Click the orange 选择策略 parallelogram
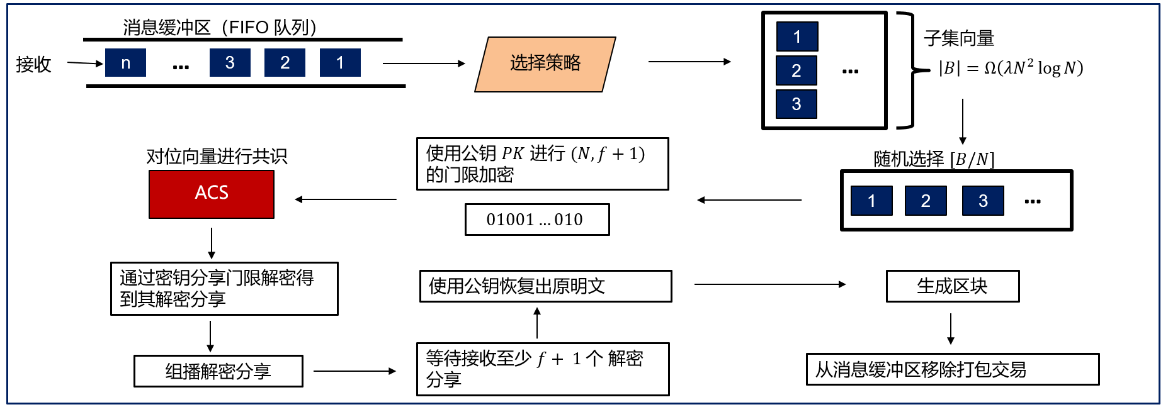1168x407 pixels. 545,64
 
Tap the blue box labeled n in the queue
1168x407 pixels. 125,63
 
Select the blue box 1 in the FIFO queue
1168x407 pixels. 340,63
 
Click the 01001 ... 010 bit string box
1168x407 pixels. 536,220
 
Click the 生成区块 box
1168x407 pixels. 952,286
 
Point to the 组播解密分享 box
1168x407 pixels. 218,371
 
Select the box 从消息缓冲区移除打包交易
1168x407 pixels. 952,369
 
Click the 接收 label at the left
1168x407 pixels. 33,64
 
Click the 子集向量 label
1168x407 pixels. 958,38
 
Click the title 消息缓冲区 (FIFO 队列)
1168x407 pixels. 219,27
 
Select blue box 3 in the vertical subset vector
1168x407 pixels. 797,104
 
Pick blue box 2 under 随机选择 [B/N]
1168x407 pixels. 925,201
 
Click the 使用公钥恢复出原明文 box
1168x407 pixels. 545,286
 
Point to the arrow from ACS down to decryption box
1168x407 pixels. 212,243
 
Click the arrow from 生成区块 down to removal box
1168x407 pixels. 951,328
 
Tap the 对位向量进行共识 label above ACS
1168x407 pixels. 217,156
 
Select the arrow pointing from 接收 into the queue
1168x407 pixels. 84,63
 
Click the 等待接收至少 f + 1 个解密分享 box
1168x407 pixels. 542,369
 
